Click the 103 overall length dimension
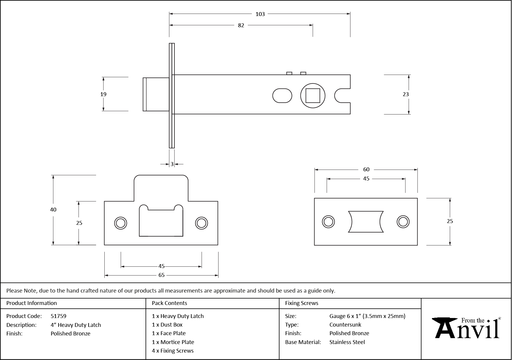pos(260,14)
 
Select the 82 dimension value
pos(241,25)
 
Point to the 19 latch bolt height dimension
pos(103,94)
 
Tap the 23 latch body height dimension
pos(406,94)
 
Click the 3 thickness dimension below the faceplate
pos(172,164)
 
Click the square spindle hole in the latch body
pos(313,96)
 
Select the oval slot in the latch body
pos(282,96)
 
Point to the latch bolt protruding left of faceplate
pos(156,94)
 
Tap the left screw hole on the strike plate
pos(121,223)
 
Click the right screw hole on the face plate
pos(403,222)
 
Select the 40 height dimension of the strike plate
pos(53,210)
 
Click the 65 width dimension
pos(161,275)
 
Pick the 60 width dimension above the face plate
pos(366,169)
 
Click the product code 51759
pos(58,316)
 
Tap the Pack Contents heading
pos(169,303)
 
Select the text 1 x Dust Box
pos(167,325)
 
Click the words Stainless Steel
pos(347,342)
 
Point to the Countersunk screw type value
pos(345,325)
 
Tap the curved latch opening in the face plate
pos(366,222)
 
